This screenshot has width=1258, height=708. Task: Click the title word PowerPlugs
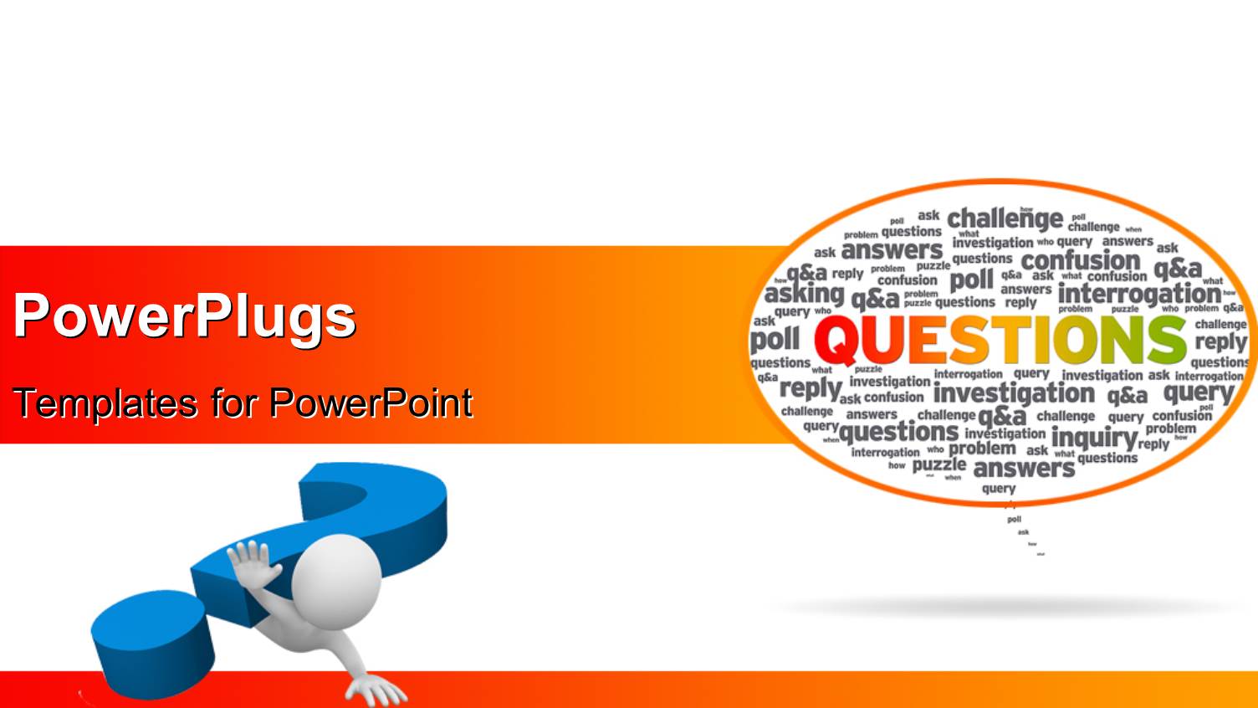pyautogui.click(x=184, y=316)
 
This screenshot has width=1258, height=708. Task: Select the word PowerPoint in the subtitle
pyautogui.click(x=371, y=403)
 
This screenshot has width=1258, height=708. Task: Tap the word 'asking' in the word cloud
pyautogui.click(x=804, y=293)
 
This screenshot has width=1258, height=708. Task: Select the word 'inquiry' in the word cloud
pyautogui.click(x=1094, y=437)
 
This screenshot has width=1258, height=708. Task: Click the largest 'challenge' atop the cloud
pyautogui.click(x=1005, y=219)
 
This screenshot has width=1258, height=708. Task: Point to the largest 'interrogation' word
pyautogui.click(x=1138, y=294)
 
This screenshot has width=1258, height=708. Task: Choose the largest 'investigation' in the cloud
pyautogui.click(x=1014, y=393)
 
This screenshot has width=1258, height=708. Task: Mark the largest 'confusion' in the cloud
pyautogui.click(x=1081, y=260)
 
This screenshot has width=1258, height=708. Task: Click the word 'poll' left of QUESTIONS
pyautogui.click(x=775, y=340)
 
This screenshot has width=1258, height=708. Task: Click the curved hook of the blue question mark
pyautogui.click(x=376, y=502)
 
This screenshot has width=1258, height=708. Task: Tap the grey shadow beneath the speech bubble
pyautogui.click(x=1004, y=607)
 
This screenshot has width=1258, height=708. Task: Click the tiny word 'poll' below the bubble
pyautogui.click(x=1014, y=520)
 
